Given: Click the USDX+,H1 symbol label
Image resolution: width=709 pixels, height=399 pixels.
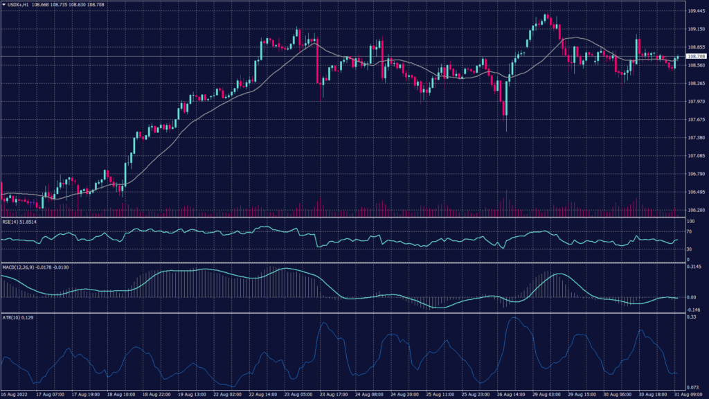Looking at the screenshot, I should [x=19, y=4].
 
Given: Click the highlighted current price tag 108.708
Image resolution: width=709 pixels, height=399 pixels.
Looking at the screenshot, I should [x=695, y=56].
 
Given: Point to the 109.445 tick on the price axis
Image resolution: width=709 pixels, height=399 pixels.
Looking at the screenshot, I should [x=696, y=11].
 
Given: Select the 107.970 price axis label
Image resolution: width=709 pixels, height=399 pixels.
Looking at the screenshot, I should [x=696, y=102].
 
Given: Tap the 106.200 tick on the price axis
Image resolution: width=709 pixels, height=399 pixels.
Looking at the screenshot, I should [x=696, y=211].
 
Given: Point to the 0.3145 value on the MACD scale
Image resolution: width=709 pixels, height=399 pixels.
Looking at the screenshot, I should [x=694, y=267].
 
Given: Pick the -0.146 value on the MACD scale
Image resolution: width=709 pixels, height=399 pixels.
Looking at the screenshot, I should [x=694, y=310].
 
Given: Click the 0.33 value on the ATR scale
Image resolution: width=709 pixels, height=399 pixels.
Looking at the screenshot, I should [x=690, y=317].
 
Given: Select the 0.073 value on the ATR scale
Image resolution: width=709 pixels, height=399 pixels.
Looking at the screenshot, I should [x=692, y=387].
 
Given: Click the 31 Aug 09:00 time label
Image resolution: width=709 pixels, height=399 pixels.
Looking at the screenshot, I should [x=690, y=394].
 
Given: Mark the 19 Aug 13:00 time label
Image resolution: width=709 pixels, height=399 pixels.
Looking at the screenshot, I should [x=191, y=394].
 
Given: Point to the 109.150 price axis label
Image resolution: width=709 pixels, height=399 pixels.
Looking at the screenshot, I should [x=696, y=29].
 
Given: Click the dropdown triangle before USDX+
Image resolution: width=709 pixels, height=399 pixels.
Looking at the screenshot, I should [x=3, y=4].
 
